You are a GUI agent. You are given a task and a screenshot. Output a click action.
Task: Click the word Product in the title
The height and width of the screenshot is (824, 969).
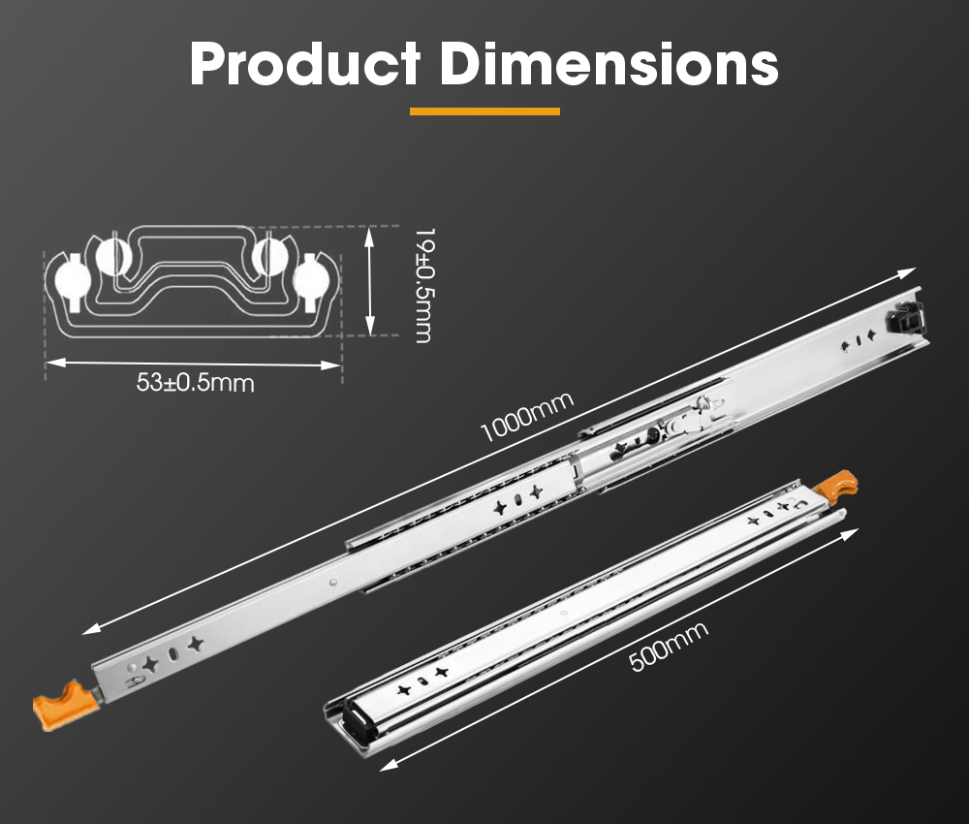point(305,64)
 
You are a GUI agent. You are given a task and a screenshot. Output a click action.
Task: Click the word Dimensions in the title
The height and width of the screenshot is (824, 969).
point(609,63)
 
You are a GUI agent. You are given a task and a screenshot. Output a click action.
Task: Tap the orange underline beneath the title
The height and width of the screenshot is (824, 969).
point(484,111)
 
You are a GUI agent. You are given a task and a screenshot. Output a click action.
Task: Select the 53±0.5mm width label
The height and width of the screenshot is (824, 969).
point(196,383)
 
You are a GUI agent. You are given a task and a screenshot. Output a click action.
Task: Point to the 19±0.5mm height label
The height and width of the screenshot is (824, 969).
point(424,285)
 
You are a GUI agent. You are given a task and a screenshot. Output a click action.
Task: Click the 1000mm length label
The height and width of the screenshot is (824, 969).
point(526,417)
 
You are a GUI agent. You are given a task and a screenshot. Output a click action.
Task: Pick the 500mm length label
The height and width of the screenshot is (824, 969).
point(668,646)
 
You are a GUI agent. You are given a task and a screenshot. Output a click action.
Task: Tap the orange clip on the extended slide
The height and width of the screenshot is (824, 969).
point(64,705)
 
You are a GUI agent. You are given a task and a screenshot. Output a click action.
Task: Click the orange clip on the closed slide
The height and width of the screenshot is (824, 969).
point(837,484)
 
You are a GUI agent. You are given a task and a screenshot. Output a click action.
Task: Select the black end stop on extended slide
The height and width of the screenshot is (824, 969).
point(907,318)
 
